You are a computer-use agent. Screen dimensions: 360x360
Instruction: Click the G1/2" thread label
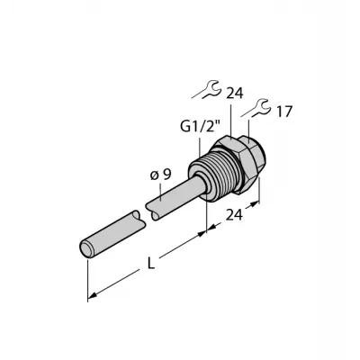(201, 127)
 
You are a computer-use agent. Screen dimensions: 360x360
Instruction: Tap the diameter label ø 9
(160, 175)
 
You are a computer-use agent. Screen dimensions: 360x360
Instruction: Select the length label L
(152, 264)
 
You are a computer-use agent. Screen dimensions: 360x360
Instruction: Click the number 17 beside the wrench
(283, 112)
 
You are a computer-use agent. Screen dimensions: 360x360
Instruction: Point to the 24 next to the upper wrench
(235, 94)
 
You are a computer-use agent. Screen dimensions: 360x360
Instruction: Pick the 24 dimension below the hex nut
(234, 215)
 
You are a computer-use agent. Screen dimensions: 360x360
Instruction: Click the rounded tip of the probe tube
(86, 248)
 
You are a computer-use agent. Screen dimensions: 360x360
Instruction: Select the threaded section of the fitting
(211, 173)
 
